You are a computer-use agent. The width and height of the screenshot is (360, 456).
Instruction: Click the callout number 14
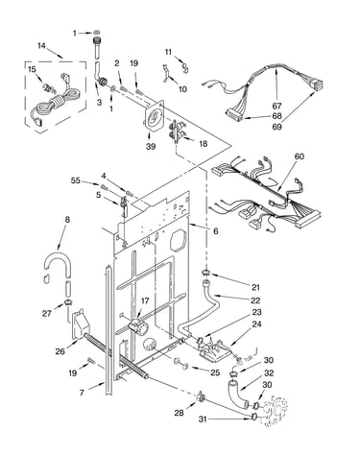[x=41, y=46]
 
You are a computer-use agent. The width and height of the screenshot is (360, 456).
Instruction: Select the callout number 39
[x=151, y=146]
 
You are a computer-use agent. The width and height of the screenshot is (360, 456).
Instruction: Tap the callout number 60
[x=299, y=156]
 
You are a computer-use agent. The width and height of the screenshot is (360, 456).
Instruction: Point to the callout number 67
[x=276, y=106]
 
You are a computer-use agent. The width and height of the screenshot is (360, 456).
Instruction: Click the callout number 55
[x=76, y=180]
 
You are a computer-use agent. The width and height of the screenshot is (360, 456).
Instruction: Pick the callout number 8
[x=67, y=220]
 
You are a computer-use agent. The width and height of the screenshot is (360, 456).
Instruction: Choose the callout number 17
[x=145, y=300]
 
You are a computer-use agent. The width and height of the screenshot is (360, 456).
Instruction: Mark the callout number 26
[x=60, y=351]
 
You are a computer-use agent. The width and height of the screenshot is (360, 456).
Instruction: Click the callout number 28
[x=179, y=413]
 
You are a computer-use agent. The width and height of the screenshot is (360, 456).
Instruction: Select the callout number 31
[x=203, y=419]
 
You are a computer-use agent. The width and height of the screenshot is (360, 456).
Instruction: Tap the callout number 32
[x=269, y=372]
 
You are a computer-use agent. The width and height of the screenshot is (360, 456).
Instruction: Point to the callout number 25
[x=215, y=372]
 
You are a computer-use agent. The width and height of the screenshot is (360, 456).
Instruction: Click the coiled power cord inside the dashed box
[x=58, y=103]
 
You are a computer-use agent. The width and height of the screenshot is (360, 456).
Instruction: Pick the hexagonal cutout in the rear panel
[x=178, y=240]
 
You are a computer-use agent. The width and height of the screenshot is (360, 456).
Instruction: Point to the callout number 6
[x=216, y=230]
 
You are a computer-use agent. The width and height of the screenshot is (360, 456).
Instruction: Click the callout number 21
[x=255, y=287]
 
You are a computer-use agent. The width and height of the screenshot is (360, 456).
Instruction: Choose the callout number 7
[x=82, y=393]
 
